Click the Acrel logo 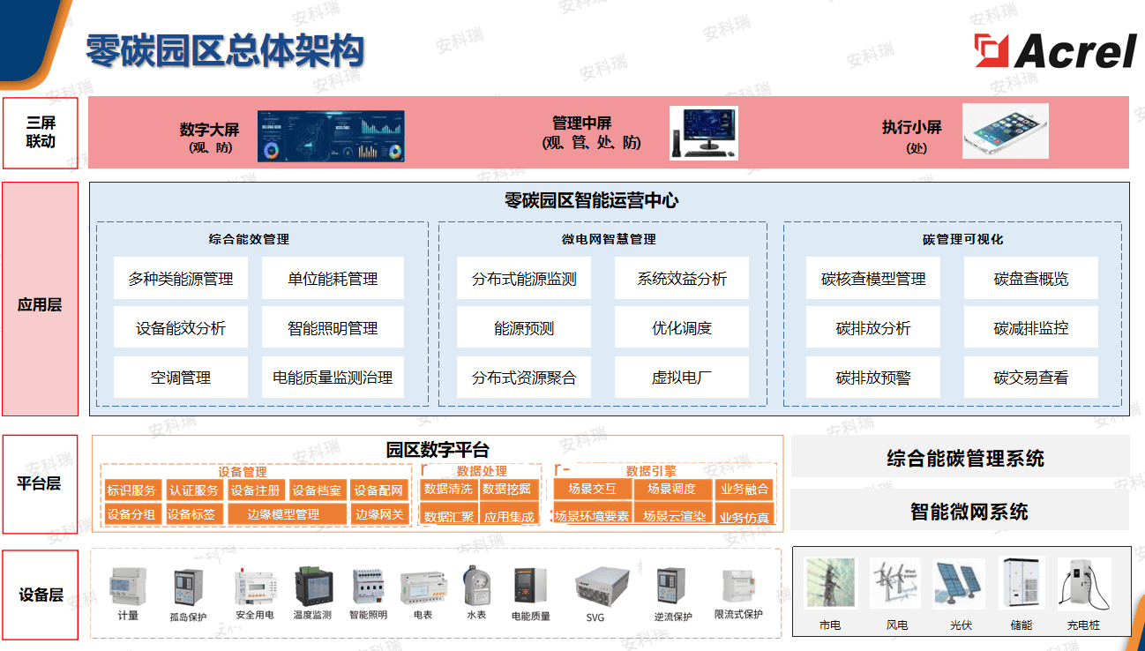click(x=1055, y=50)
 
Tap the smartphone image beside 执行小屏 click(x=1005, y=131)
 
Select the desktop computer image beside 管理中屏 click(x=703, y=133)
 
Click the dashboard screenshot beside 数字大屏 click(x=331, y=136)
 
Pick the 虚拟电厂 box click(x=681, y=378)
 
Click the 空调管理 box click(x=181, y=378)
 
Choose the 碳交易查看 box click(x=1030, y=378)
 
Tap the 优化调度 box click(x=681, y=328)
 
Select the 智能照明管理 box click(x=333, y=328)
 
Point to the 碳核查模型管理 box click(x=873, y=279)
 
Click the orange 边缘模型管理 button click(x=283, y=514)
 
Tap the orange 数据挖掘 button click(x=507, y=489)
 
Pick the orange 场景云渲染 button click(x=675, y=515)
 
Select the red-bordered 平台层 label click(x=41, y=483)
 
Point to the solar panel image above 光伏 click(x=959, y=584)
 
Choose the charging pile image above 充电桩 click(x=1083, y=584)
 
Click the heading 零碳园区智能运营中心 click(x=591, y=200)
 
